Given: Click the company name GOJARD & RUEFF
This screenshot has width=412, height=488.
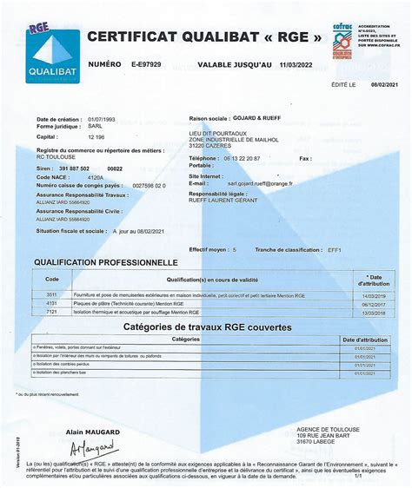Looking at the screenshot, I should (x=252, y=118).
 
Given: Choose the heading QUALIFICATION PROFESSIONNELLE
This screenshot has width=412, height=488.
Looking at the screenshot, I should (x=106, y=261).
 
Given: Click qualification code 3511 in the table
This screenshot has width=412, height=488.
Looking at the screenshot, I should (x=51, y=295).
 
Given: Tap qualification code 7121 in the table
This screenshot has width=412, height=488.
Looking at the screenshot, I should (x=51, y=311).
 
